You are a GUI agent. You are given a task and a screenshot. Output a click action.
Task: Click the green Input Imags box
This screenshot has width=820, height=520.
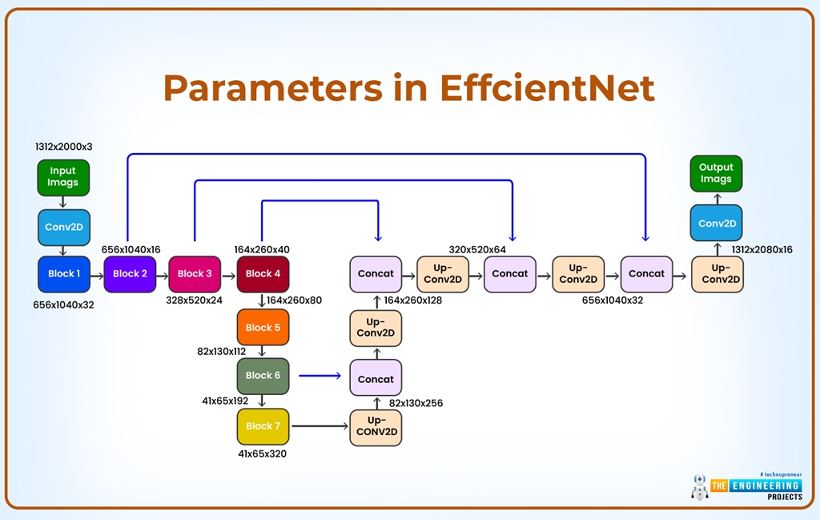click(x=63, y=178)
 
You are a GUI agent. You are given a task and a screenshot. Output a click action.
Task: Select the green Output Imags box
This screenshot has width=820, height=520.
click(x=716, y=174)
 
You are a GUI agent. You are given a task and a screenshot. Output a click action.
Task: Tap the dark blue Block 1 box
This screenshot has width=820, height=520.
click(x=64, y=274)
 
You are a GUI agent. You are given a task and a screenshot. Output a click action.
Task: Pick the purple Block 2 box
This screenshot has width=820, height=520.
click(x=130, y=274)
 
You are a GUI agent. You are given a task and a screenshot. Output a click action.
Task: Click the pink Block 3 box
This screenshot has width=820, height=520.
click(x=195, y=274)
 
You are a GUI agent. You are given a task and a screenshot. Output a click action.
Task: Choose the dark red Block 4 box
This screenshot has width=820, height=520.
click(x=263, y=274)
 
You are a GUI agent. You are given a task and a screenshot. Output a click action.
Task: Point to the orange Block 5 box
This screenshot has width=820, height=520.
click(x=263, y=328)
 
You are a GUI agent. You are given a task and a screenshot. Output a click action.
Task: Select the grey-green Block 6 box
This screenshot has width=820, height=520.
click(x=263, y=376)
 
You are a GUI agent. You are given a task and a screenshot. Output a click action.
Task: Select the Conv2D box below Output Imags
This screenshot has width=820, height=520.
click(x=716, y=223)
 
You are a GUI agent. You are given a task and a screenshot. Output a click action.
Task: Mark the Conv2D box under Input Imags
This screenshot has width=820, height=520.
click(x=64, y=228)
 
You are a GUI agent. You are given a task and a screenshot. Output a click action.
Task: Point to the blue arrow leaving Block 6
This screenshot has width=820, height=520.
click(x=320, y=376)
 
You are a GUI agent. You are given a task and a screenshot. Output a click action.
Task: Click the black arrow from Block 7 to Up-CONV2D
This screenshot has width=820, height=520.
click(x=320, y=426)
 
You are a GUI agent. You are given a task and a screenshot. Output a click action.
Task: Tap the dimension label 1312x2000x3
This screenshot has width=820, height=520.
click(x=64, y=147)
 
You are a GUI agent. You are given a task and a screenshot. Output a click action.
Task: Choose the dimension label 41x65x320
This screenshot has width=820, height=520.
click(x=262, y=454)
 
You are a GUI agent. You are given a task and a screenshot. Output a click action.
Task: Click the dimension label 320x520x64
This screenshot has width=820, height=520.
click(x=477, y=250)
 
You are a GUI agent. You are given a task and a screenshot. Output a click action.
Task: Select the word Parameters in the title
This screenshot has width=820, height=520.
click(x=273, y=88)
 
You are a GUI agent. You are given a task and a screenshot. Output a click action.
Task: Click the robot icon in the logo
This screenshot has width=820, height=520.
click(x=700, y=486)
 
